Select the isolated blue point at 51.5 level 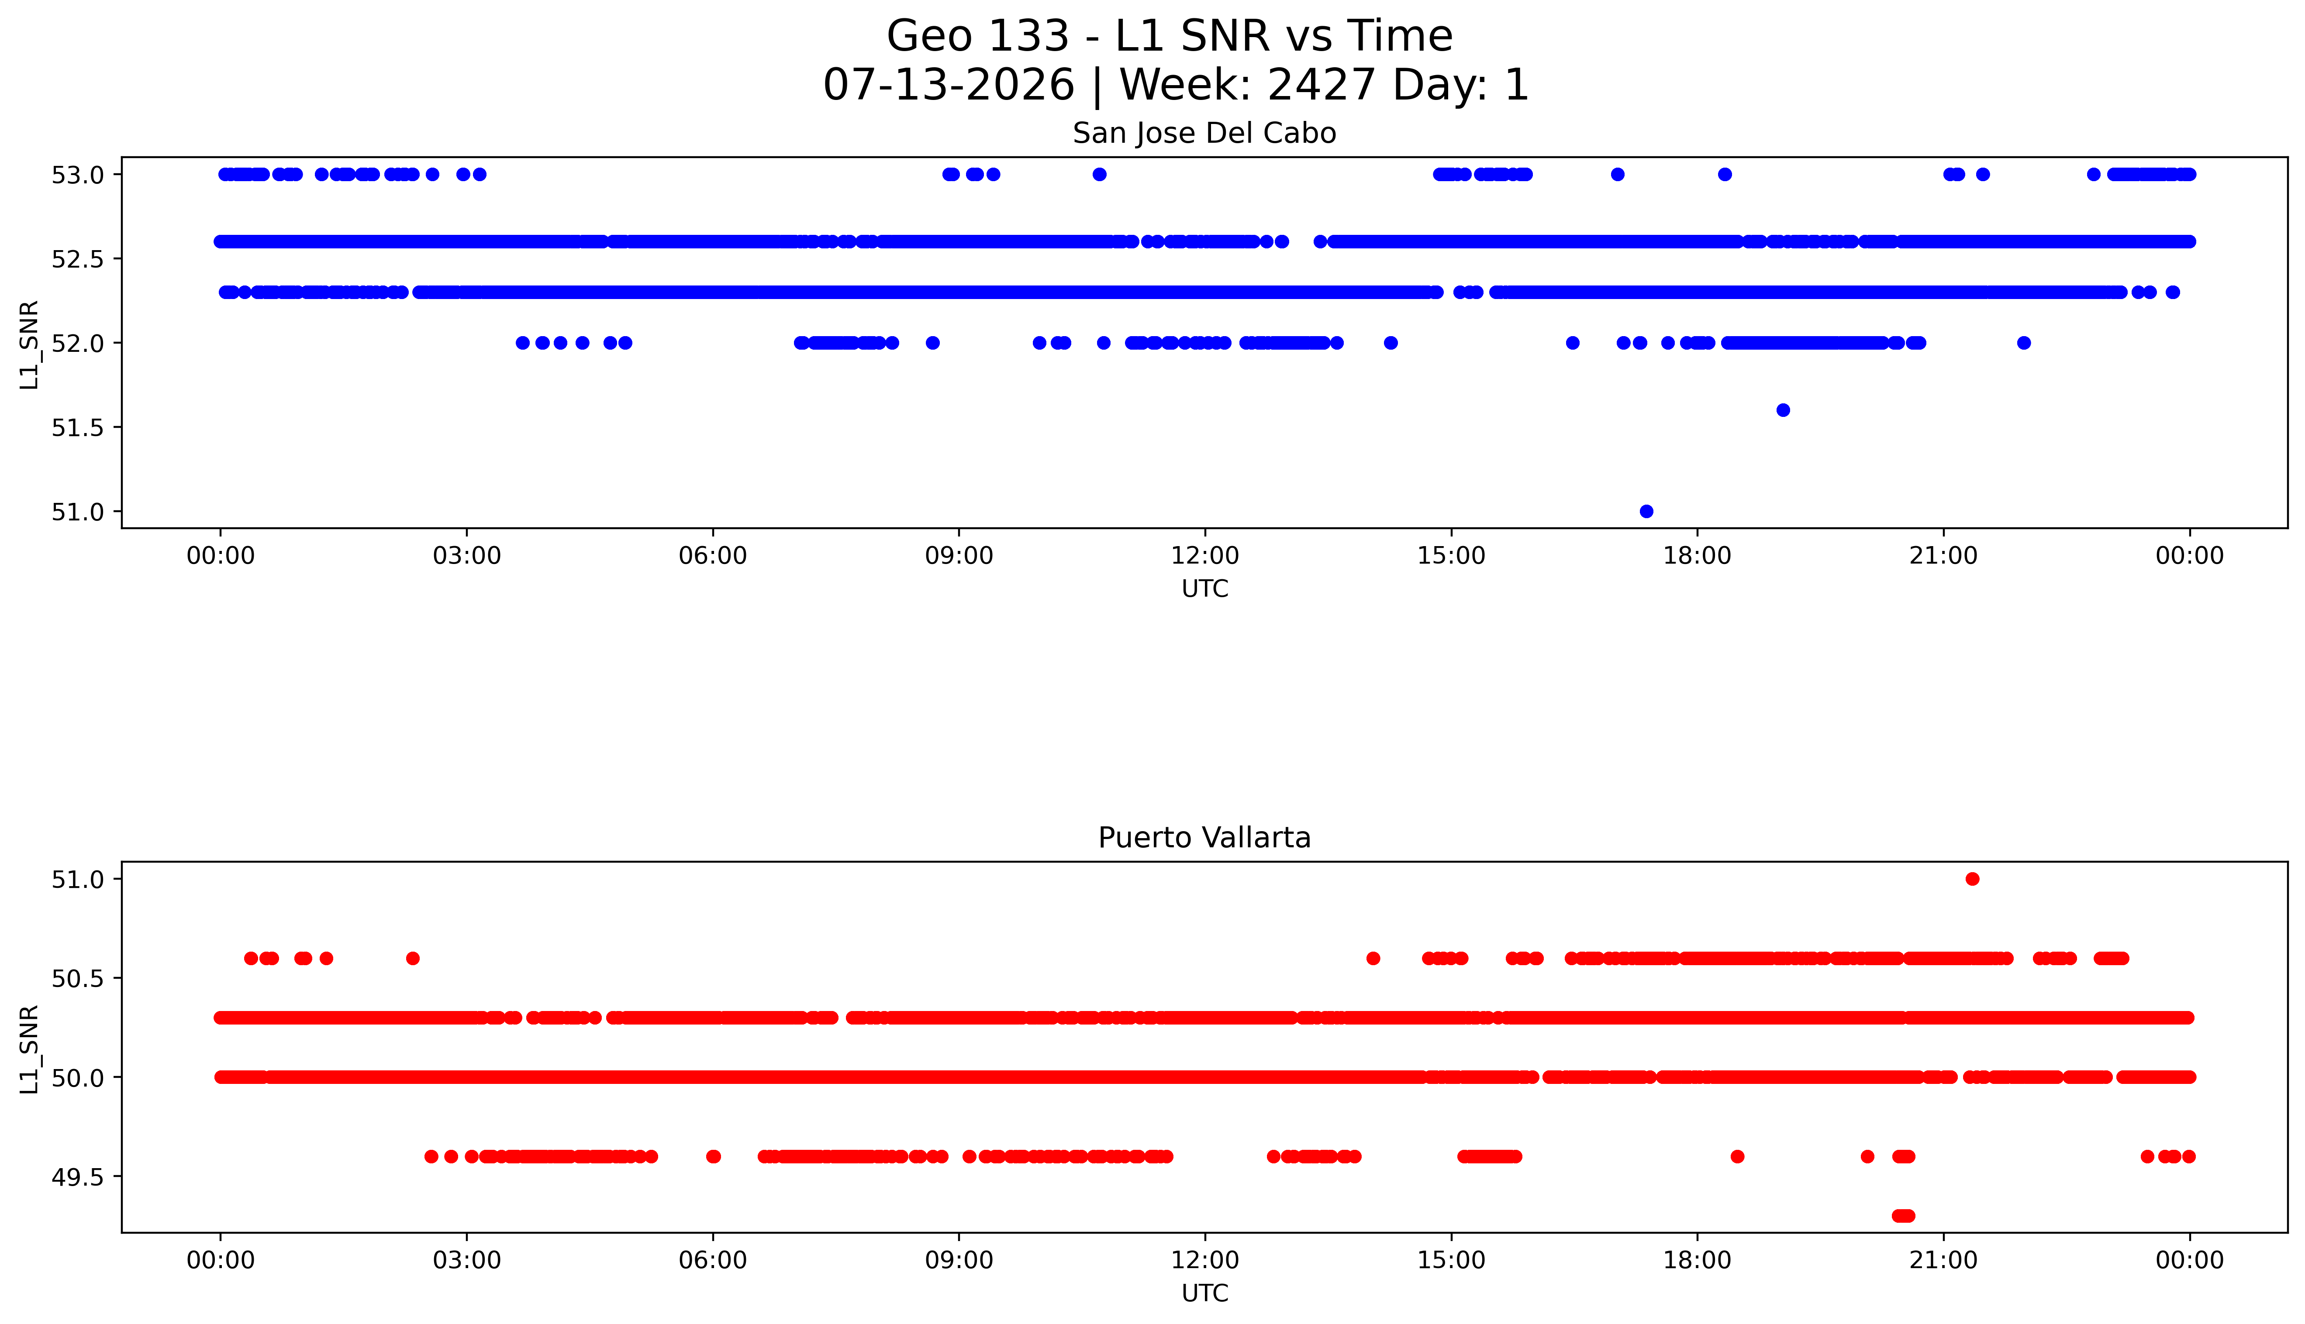coord(1783,410)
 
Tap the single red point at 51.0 coord(1972,878)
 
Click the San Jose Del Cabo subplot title coord(1204,134)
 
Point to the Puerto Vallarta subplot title coord(1204,838)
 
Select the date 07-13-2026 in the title coord(949,86)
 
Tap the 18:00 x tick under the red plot coord(1698,1260)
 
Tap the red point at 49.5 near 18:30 coord(1737,1157)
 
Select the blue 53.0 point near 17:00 coord(1617,175)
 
